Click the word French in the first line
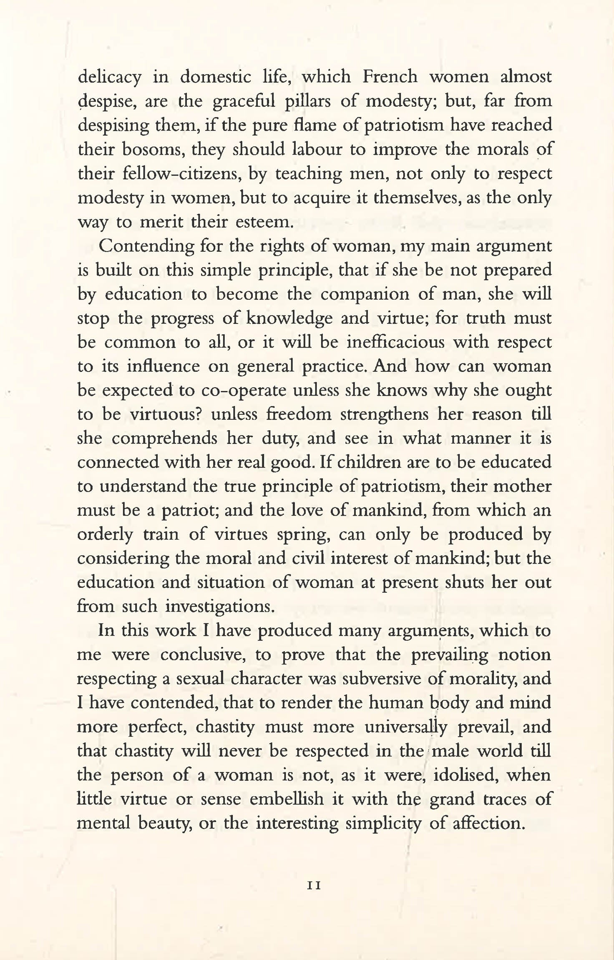[390, 77]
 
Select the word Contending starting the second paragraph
[146, 246]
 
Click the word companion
[364, 294]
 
